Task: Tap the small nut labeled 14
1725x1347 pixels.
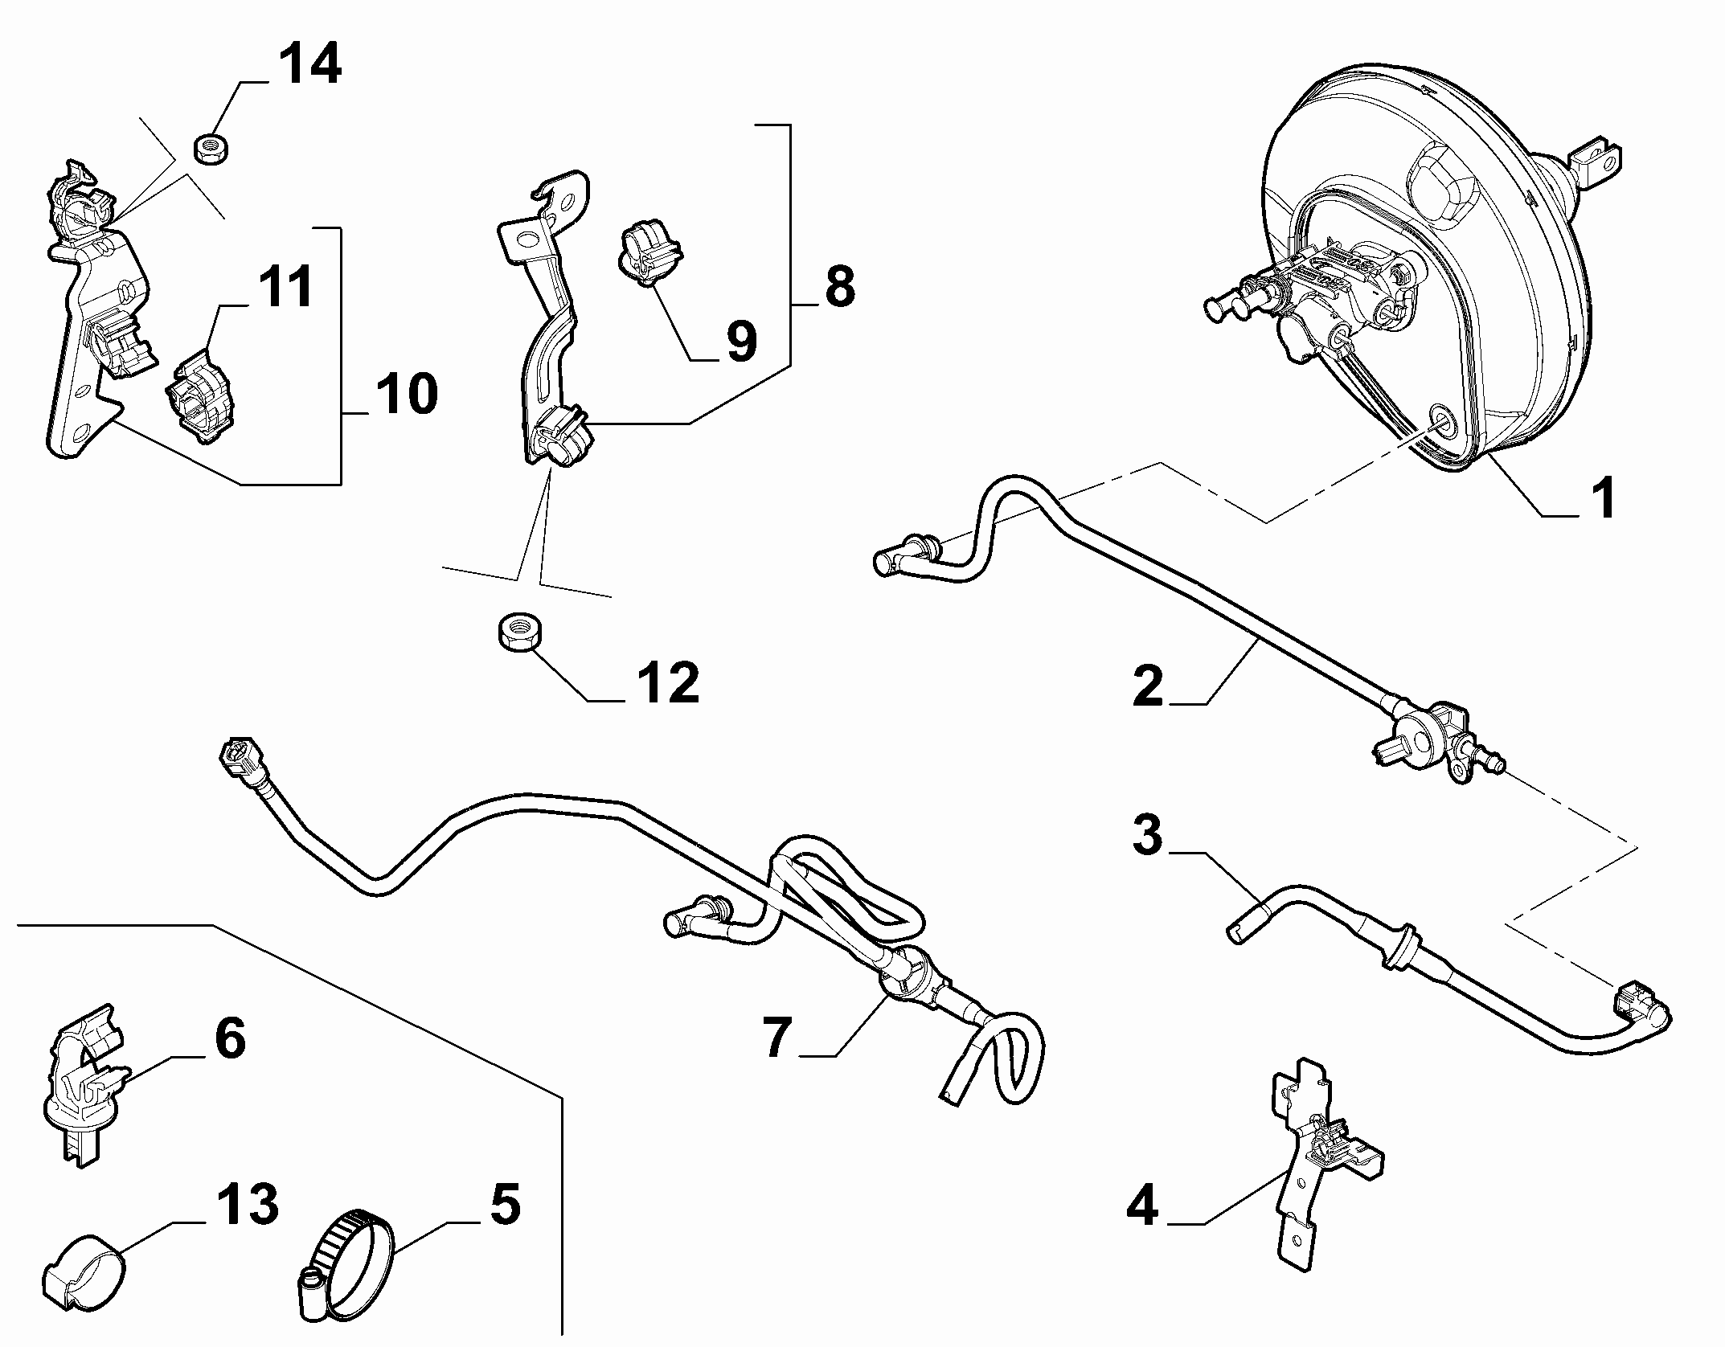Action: (211, 148)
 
